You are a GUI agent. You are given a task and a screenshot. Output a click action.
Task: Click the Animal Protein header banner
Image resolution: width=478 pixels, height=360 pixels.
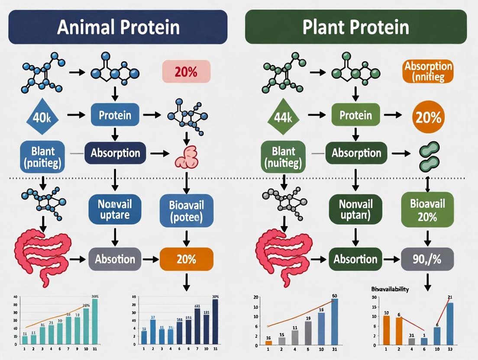(x=118, y=27)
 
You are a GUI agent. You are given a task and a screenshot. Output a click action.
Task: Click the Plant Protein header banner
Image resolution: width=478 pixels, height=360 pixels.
(x=356, y=27)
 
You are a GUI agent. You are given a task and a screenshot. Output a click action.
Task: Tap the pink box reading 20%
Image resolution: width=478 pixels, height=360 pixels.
(x=186, y=72)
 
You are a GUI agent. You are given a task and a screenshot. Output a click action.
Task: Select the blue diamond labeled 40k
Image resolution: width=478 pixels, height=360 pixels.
(x=42, y=116)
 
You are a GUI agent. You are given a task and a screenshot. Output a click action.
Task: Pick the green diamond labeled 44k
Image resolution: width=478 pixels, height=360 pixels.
(x=282, y=116)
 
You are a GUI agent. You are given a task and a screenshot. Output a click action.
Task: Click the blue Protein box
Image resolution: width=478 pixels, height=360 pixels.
(x=115, y=115)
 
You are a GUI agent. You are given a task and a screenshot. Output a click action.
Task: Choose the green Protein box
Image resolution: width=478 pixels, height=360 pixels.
(x=355, y=115)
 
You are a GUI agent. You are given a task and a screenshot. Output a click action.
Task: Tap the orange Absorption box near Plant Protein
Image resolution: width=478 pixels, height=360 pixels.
(x=428, y=72)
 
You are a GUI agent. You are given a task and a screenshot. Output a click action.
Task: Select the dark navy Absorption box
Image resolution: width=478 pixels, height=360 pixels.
(x=115, y=153)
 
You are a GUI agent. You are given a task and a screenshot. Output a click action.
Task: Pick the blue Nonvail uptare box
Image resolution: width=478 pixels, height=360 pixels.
(x=115, y=209)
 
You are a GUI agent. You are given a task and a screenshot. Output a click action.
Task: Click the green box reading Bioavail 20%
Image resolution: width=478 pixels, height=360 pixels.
(x=427, y=210)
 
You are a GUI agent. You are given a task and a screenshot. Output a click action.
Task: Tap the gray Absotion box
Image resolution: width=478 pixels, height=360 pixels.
(x=115, y=260)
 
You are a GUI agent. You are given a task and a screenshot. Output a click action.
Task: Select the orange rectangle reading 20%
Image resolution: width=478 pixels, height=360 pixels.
(x=186, y=260)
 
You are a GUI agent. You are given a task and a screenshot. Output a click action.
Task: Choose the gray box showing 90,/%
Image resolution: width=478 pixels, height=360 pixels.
(x=427, y=260)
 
